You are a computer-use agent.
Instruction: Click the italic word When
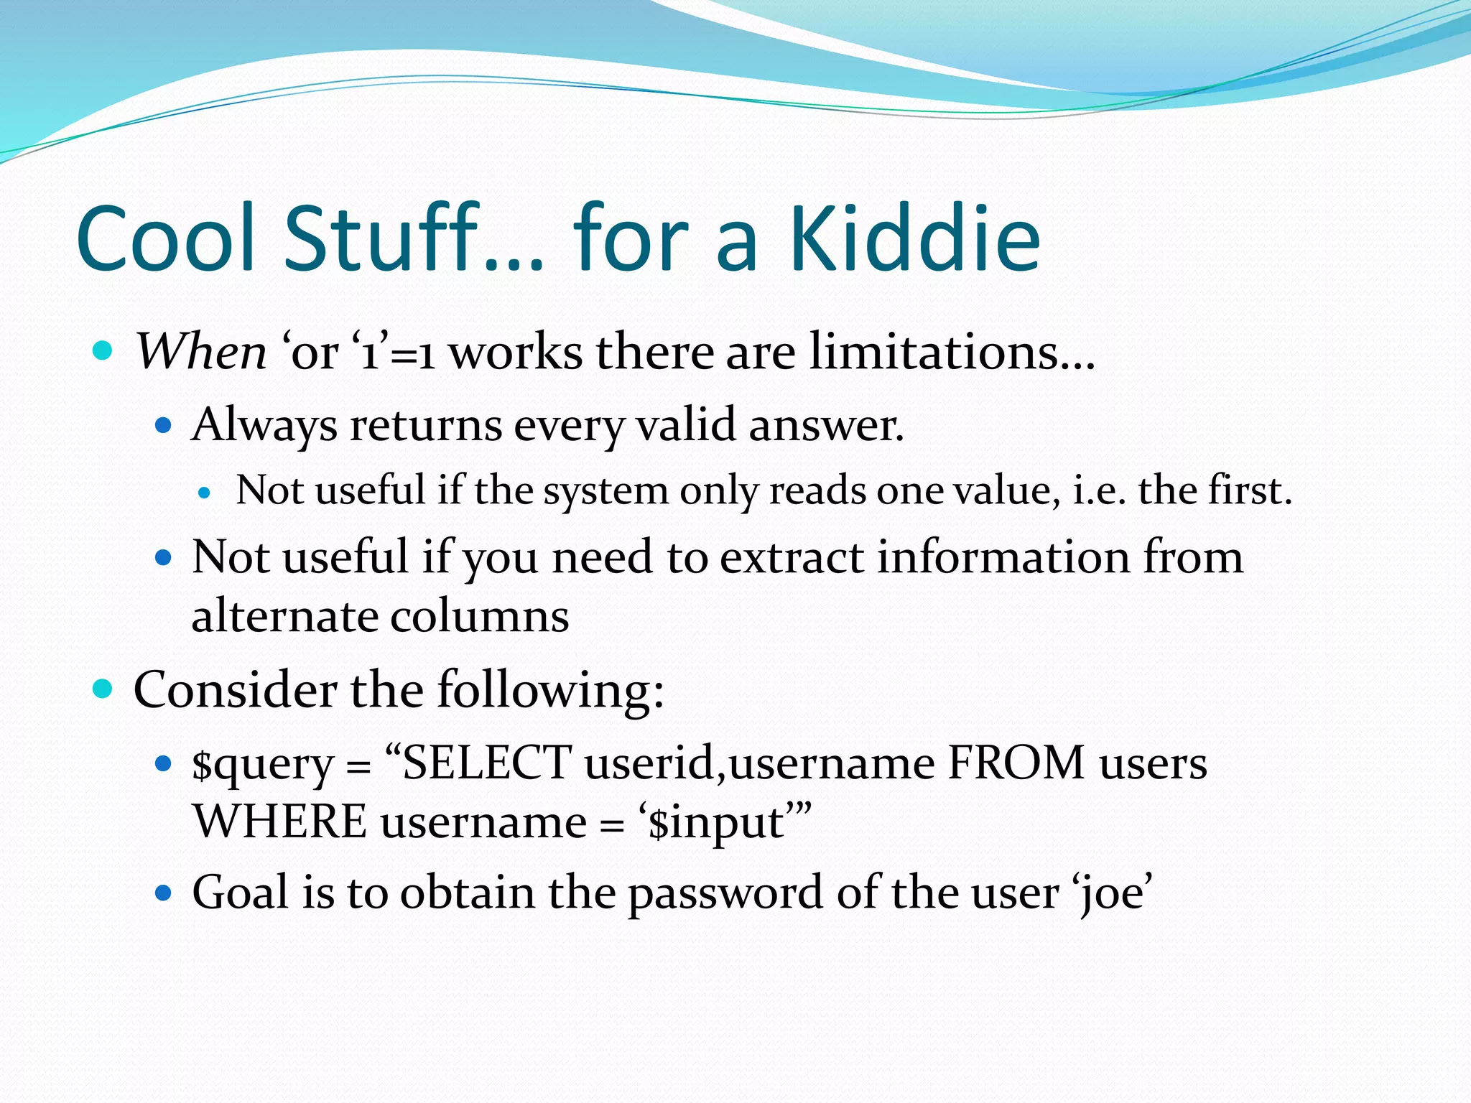pos(202,352)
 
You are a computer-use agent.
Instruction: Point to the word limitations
pos(952,352)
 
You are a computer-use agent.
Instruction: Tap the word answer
pos(826,425)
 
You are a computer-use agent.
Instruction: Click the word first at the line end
pos(1250,491)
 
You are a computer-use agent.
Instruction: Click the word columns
pos(479,616)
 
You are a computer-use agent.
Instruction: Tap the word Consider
pos(236,689)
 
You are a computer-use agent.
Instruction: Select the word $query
pos(263,764)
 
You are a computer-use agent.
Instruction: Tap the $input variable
pos(715,823)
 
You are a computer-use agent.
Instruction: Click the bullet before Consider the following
pos(103,689)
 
